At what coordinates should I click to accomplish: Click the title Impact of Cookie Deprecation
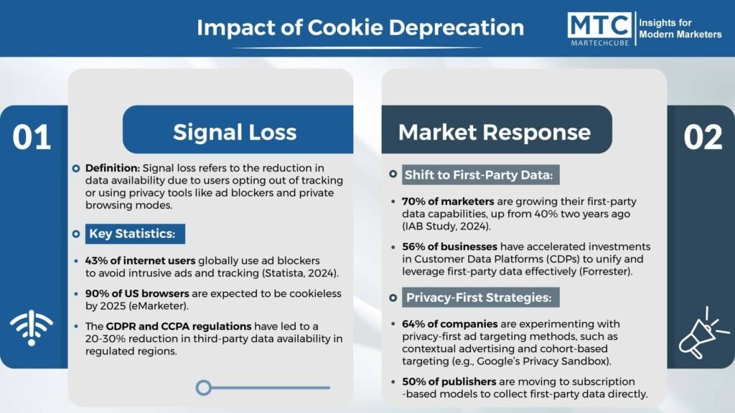360,28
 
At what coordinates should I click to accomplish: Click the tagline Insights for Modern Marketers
679,29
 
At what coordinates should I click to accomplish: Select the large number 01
32,137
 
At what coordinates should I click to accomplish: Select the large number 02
702,137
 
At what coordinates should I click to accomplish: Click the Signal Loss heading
235,132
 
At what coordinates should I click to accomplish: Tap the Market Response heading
495,132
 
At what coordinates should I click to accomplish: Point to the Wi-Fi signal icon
32,328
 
